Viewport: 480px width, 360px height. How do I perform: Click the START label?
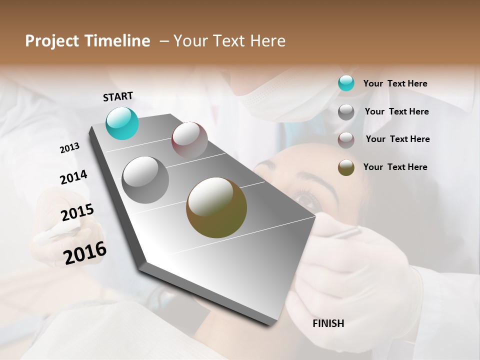[118, 96]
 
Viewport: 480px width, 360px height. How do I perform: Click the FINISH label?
[328, 323]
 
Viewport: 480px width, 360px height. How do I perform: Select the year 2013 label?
[69, 148]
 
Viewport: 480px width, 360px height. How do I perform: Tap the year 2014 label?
[73, 177]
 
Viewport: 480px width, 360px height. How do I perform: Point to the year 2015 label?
[77, 212]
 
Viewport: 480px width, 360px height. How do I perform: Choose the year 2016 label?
[85, 253]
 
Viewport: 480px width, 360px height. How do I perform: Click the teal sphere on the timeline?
[122, 123]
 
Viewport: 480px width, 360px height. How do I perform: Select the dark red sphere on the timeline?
[189, 140]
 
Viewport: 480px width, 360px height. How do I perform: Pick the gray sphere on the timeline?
[145, 180]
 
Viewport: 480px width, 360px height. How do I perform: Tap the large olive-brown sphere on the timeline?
[216, 207]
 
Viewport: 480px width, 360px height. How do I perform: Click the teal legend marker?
[346, 83]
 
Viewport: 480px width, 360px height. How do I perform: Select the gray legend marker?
[346, 112]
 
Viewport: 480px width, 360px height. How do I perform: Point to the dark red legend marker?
[346, 139]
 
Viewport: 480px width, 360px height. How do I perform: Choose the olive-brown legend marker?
[346, 167]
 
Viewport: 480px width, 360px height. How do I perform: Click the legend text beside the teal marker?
[395, 83]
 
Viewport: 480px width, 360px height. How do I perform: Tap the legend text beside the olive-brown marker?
[395, 167]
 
